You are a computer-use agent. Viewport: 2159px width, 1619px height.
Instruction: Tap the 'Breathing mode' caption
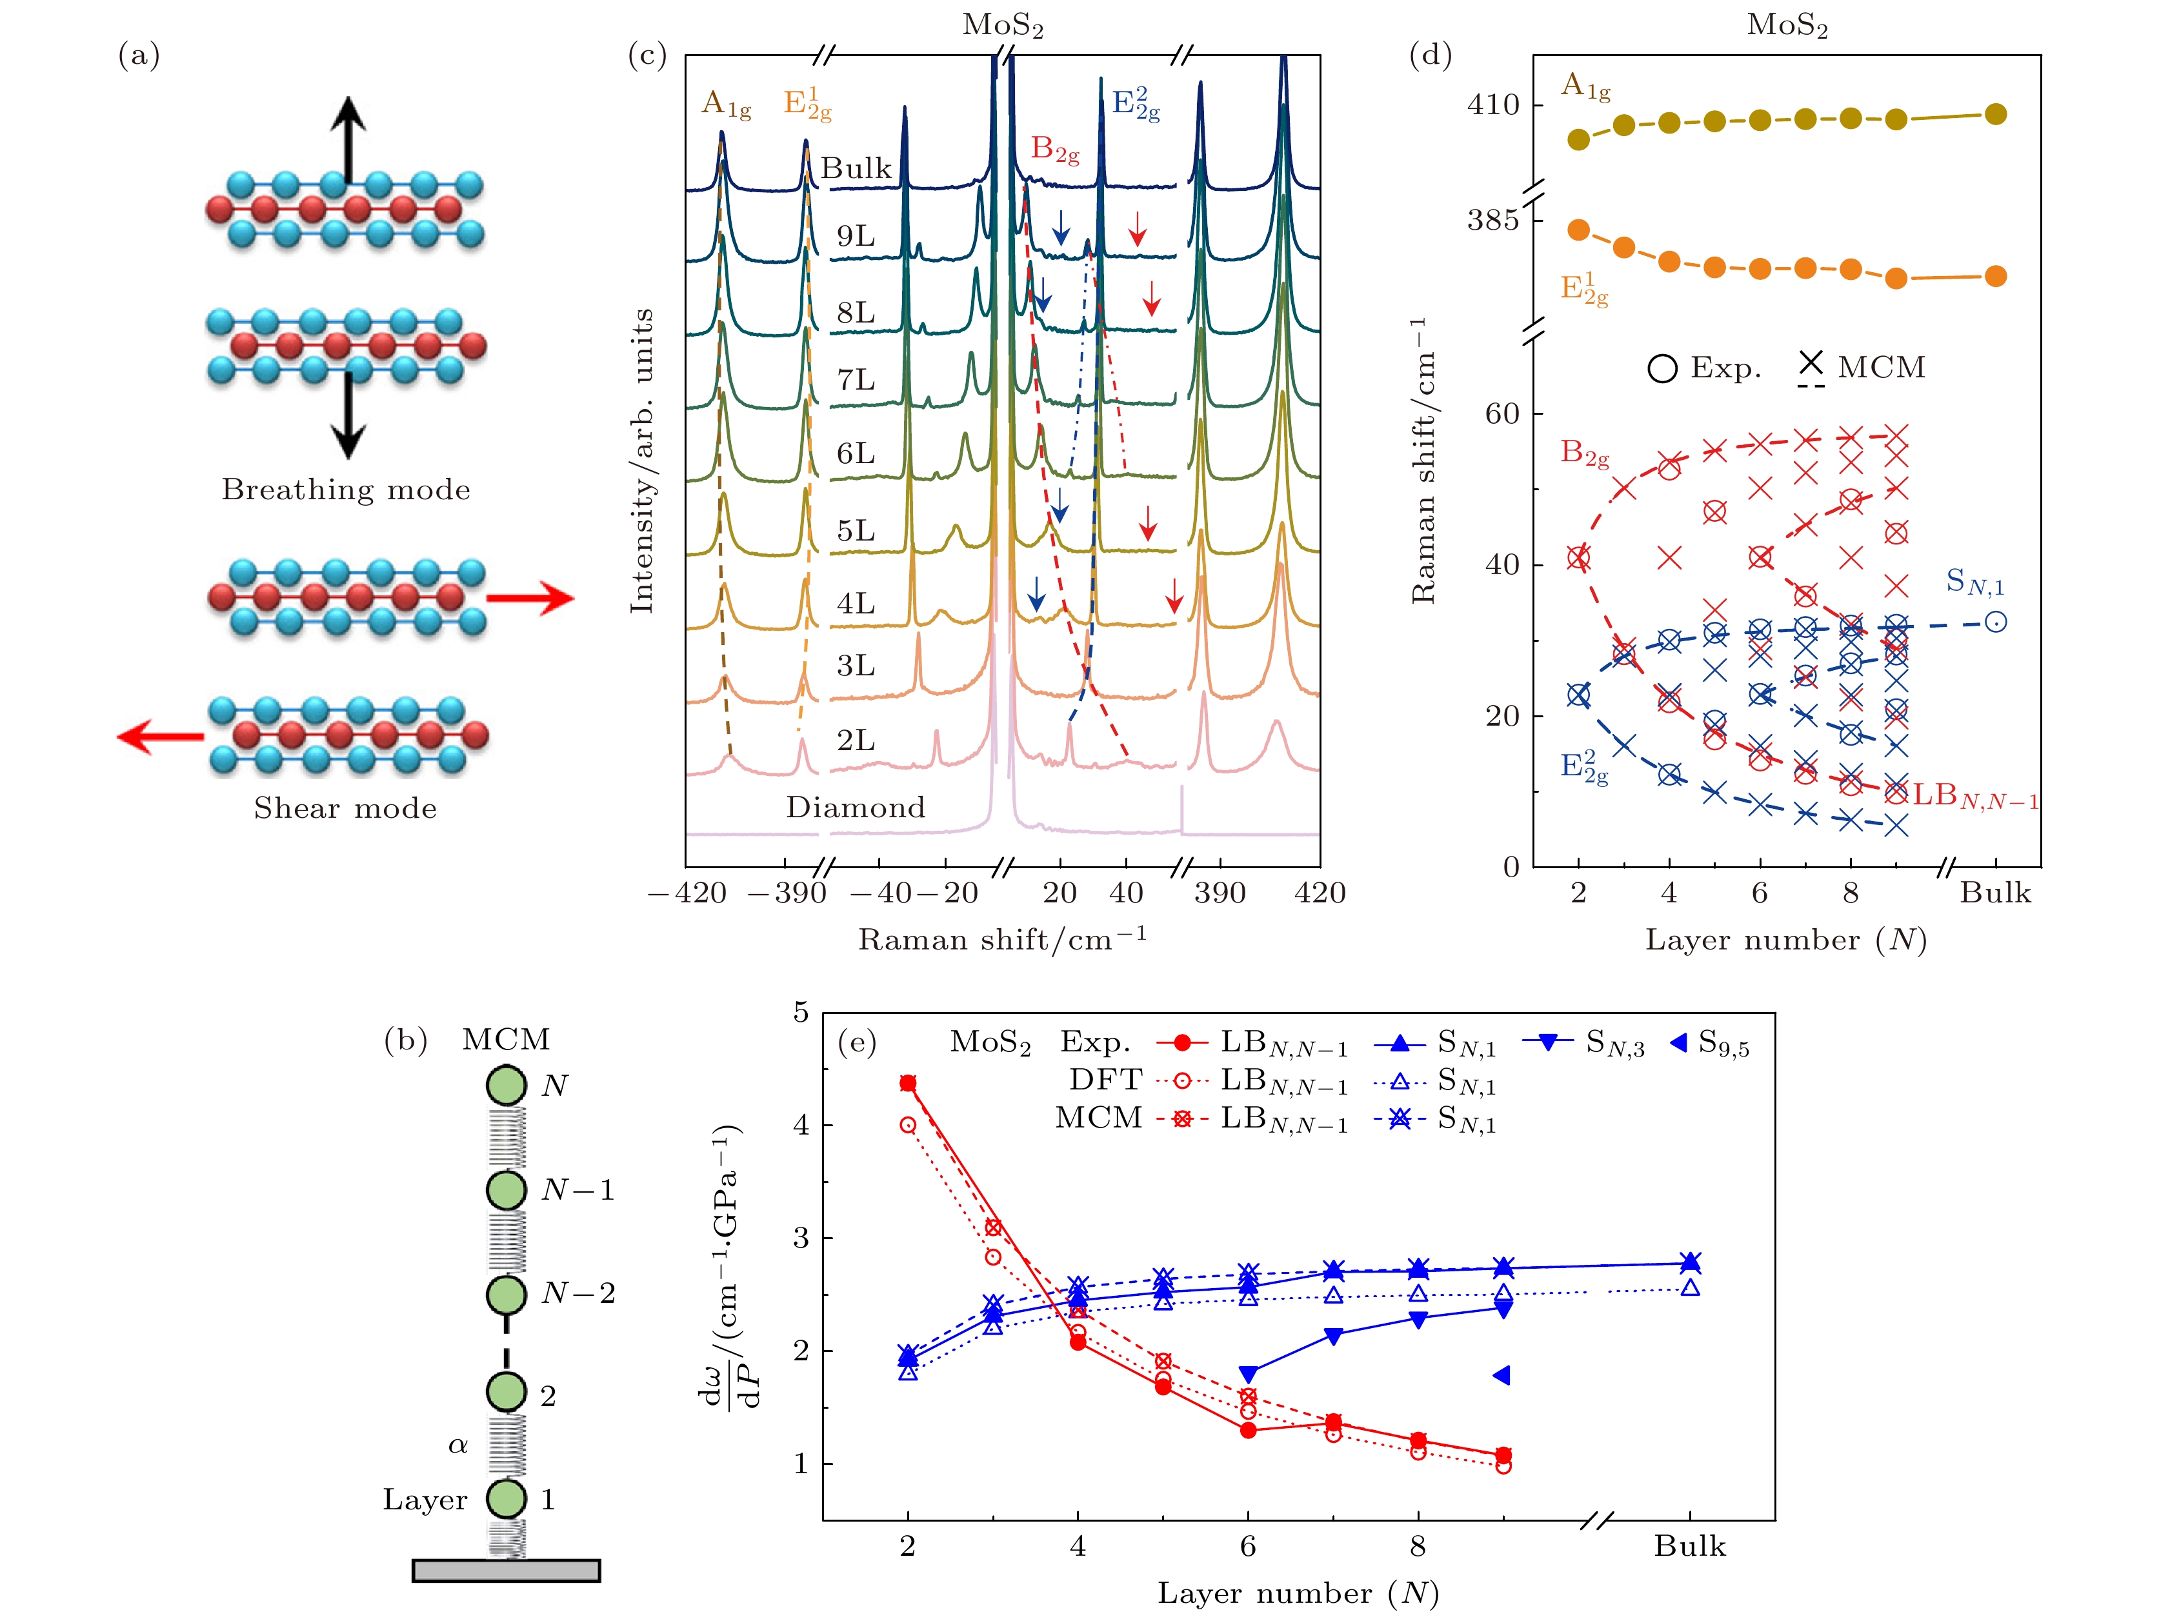345,490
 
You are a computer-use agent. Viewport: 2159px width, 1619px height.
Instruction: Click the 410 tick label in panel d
1492,105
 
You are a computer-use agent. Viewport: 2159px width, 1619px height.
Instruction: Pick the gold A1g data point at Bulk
1996,114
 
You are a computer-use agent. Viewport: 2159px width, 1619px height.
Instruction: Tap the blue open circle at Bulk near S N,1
1996,622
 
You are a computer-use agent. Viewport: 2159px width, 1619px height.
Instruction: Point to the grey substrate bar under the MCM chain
506,1570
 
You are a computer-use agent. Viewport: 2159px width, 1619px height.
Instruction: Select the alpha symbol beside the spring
457,1445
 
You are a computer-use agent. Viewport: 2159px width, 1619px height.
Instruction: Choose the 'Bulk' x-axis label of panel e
1689,1547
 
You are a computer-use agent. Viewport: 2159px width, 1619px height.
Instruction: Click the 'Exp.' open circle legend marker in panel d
1662,369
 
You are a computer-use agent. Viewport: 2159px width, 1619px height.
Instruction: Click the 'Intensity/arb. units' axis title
641,461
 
